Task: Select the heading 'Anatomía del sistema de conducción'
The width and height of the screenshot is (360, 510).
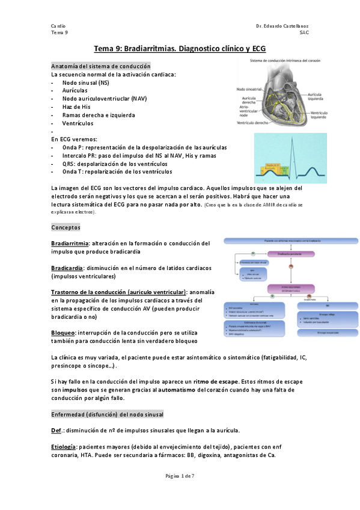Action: (101, 66)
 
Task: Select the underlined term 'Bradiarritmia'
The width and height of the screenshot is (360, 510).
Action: (70, 244)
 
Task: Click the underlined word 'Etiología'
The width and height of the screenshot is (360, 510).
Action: (64, 447)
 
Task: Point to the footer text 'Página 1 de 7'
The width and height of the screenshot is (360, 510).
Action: (180, 476)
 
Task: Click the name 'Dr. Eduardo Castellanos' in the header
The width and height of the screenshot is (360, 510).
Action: (282, 27)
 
